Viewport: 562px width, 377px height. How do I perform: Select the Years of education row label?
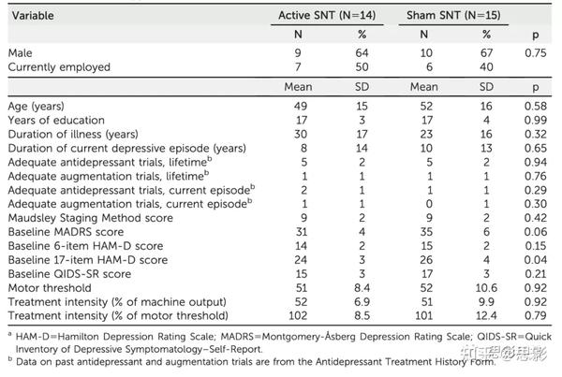52,121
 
